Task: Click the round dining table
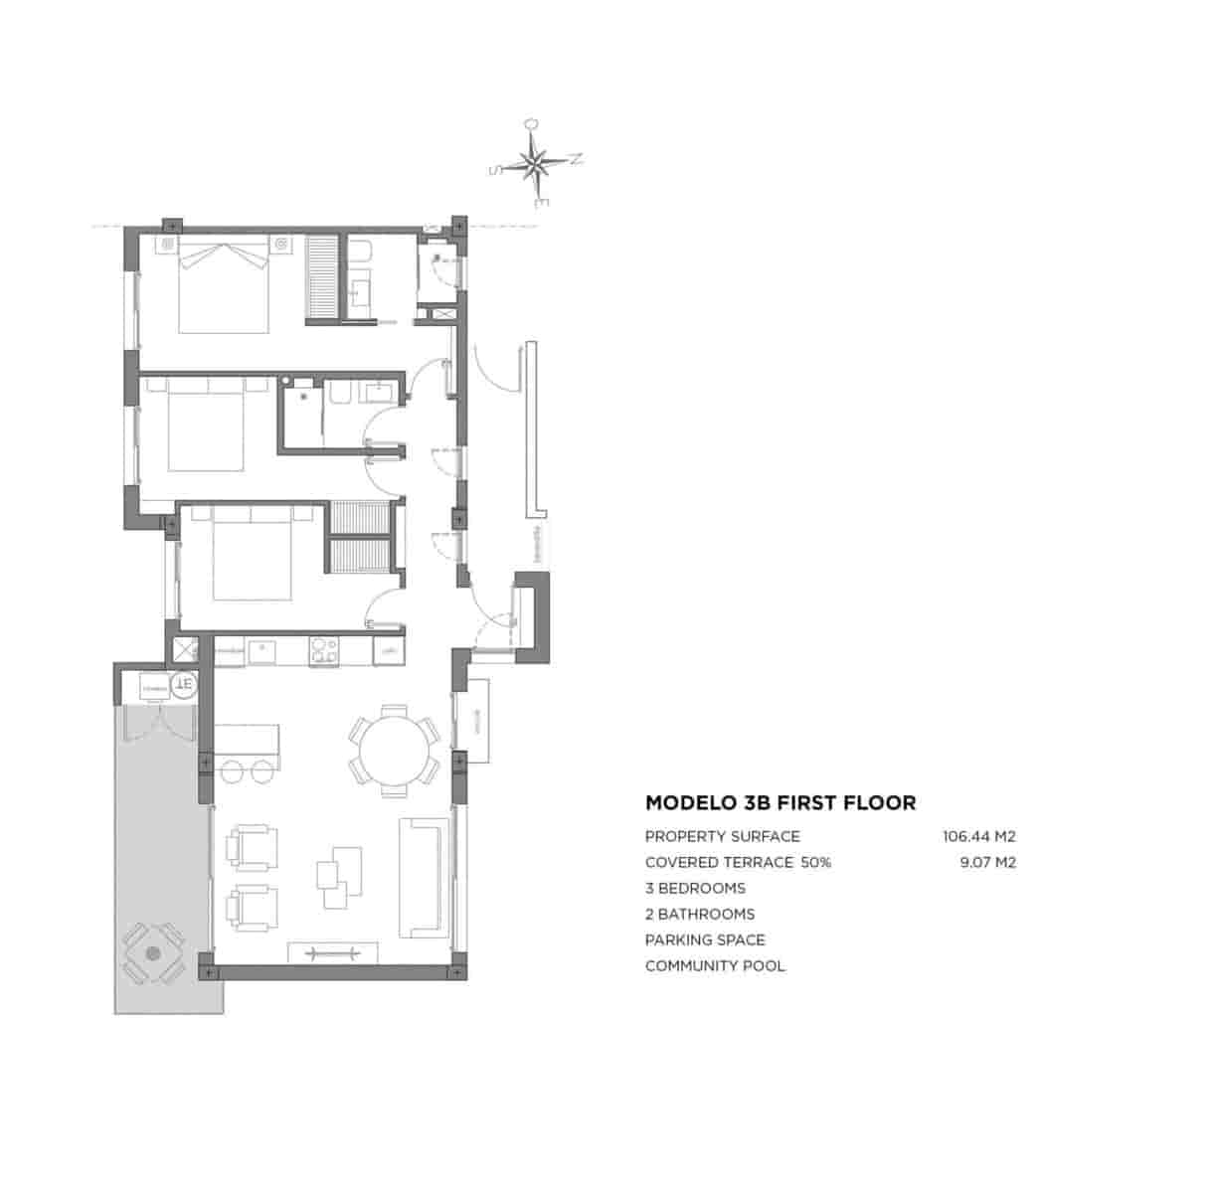[394, 750]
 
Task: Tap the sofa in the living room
[424, 876]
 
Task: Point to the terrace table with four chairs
[152, 952]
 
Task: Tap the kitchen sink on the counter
[263, 650]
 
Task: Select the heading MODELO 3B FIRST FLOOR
[780, 802]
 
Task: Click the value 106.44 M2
[978, 836]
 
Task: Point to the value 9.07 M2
[987, 862]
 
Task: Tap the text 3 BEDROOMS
[695, 888]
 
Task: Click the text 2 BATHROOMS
[700, 914]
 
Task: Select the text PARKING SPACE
[705, 939]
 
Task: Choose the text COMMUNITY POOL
[715, 965]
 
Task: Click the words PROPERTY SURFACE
[722, 836]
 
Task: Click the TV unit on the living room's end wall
[332, 952]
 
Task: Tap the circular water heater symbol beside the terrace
[183, 684]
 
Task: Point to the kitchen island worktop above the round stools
[247, 739]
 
